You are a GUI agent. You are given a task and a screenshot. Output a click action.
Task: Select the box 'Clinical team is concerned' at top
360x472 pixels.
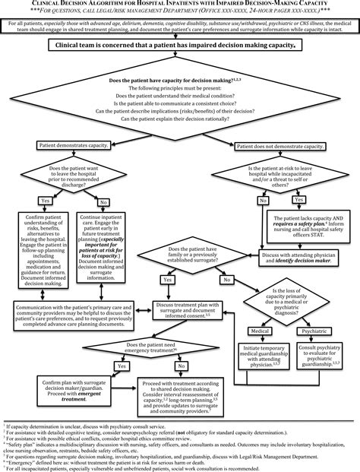(x=180, y=46)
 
